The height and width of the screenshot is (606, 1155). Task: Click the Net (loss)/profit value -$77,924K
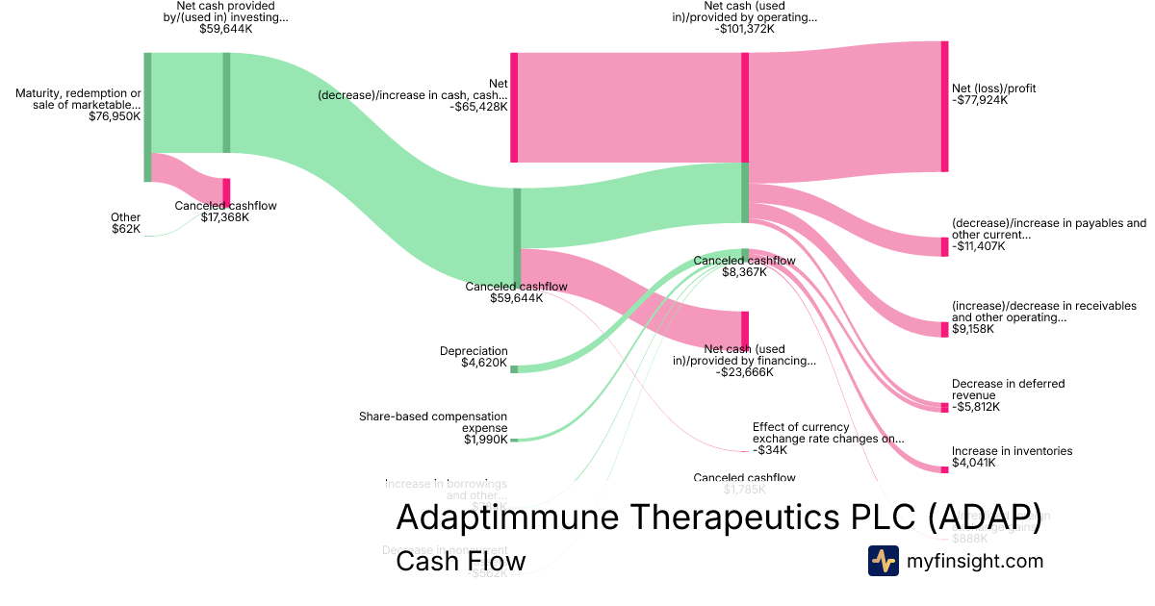(980, 100)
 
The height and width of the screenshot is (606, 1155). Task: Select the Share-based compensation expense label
(433, 422)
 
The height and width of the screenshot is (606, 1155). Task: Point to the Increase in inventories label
(1012, 451)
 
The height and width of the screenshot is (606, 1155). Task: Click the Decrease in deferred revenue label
(1008, 390)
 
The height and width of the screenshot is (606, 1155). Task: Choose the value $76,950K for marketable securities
(115, 116)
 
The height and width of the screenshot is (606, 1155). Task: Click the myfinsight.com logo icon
(883, 560)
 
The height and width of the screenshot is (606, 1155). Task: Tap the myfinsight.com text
(975, 560)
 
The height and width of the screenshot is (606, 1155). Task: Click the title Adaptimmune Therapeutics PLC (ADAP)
(718, 517)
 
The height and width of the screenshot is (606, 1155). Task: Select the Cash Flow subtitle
(460, 561)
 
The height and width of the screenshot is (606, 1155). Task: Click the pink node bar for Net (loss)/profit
(944, 107)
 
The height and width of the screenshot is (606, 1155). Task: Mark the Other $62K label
(125, 223)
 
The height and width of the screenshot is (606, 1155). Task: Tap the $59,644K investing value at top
(226, 29)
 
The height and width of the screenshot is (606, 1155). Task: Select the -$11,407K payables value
(979, 246)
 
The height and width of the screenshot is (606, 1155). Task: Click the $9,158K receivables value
(973, 329)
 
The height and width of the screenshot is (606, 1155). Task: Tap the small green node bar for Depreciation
(514, 369)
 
